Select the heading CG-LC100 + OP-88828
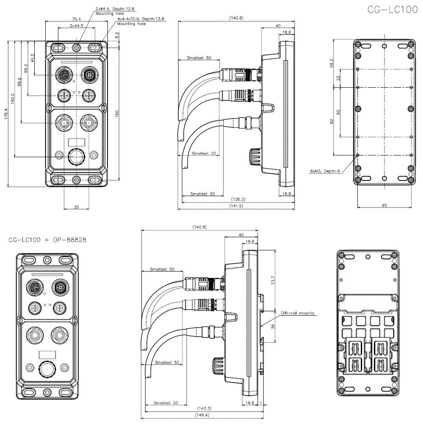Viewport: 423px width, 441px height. (x=47, y=240)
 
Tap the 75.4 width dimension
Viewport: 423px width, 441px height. (x=76, y=19)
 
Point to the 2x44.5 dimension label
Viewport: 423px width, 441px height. (x=76, y=26)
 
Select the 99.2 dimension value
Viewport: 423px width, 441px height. (x=19, y=82)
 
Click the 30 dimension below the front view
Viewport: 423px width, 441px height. (x=76, y=207)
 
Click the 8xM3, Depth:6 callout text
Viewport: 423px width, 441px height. (x=324, y=171)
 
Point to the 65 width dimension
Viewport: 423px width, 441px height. (x=384, y=205)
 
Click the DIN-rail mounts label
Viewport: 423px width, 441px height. (x=298, y=313)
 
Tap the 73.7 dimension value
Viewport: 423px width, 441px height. (x=273, y=280)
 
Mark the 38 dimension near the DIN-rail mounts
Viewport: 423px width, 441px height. (x=273, y=327)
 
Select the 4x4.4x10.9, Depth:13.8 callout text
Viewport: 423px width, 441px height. (x=141, y=19)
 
